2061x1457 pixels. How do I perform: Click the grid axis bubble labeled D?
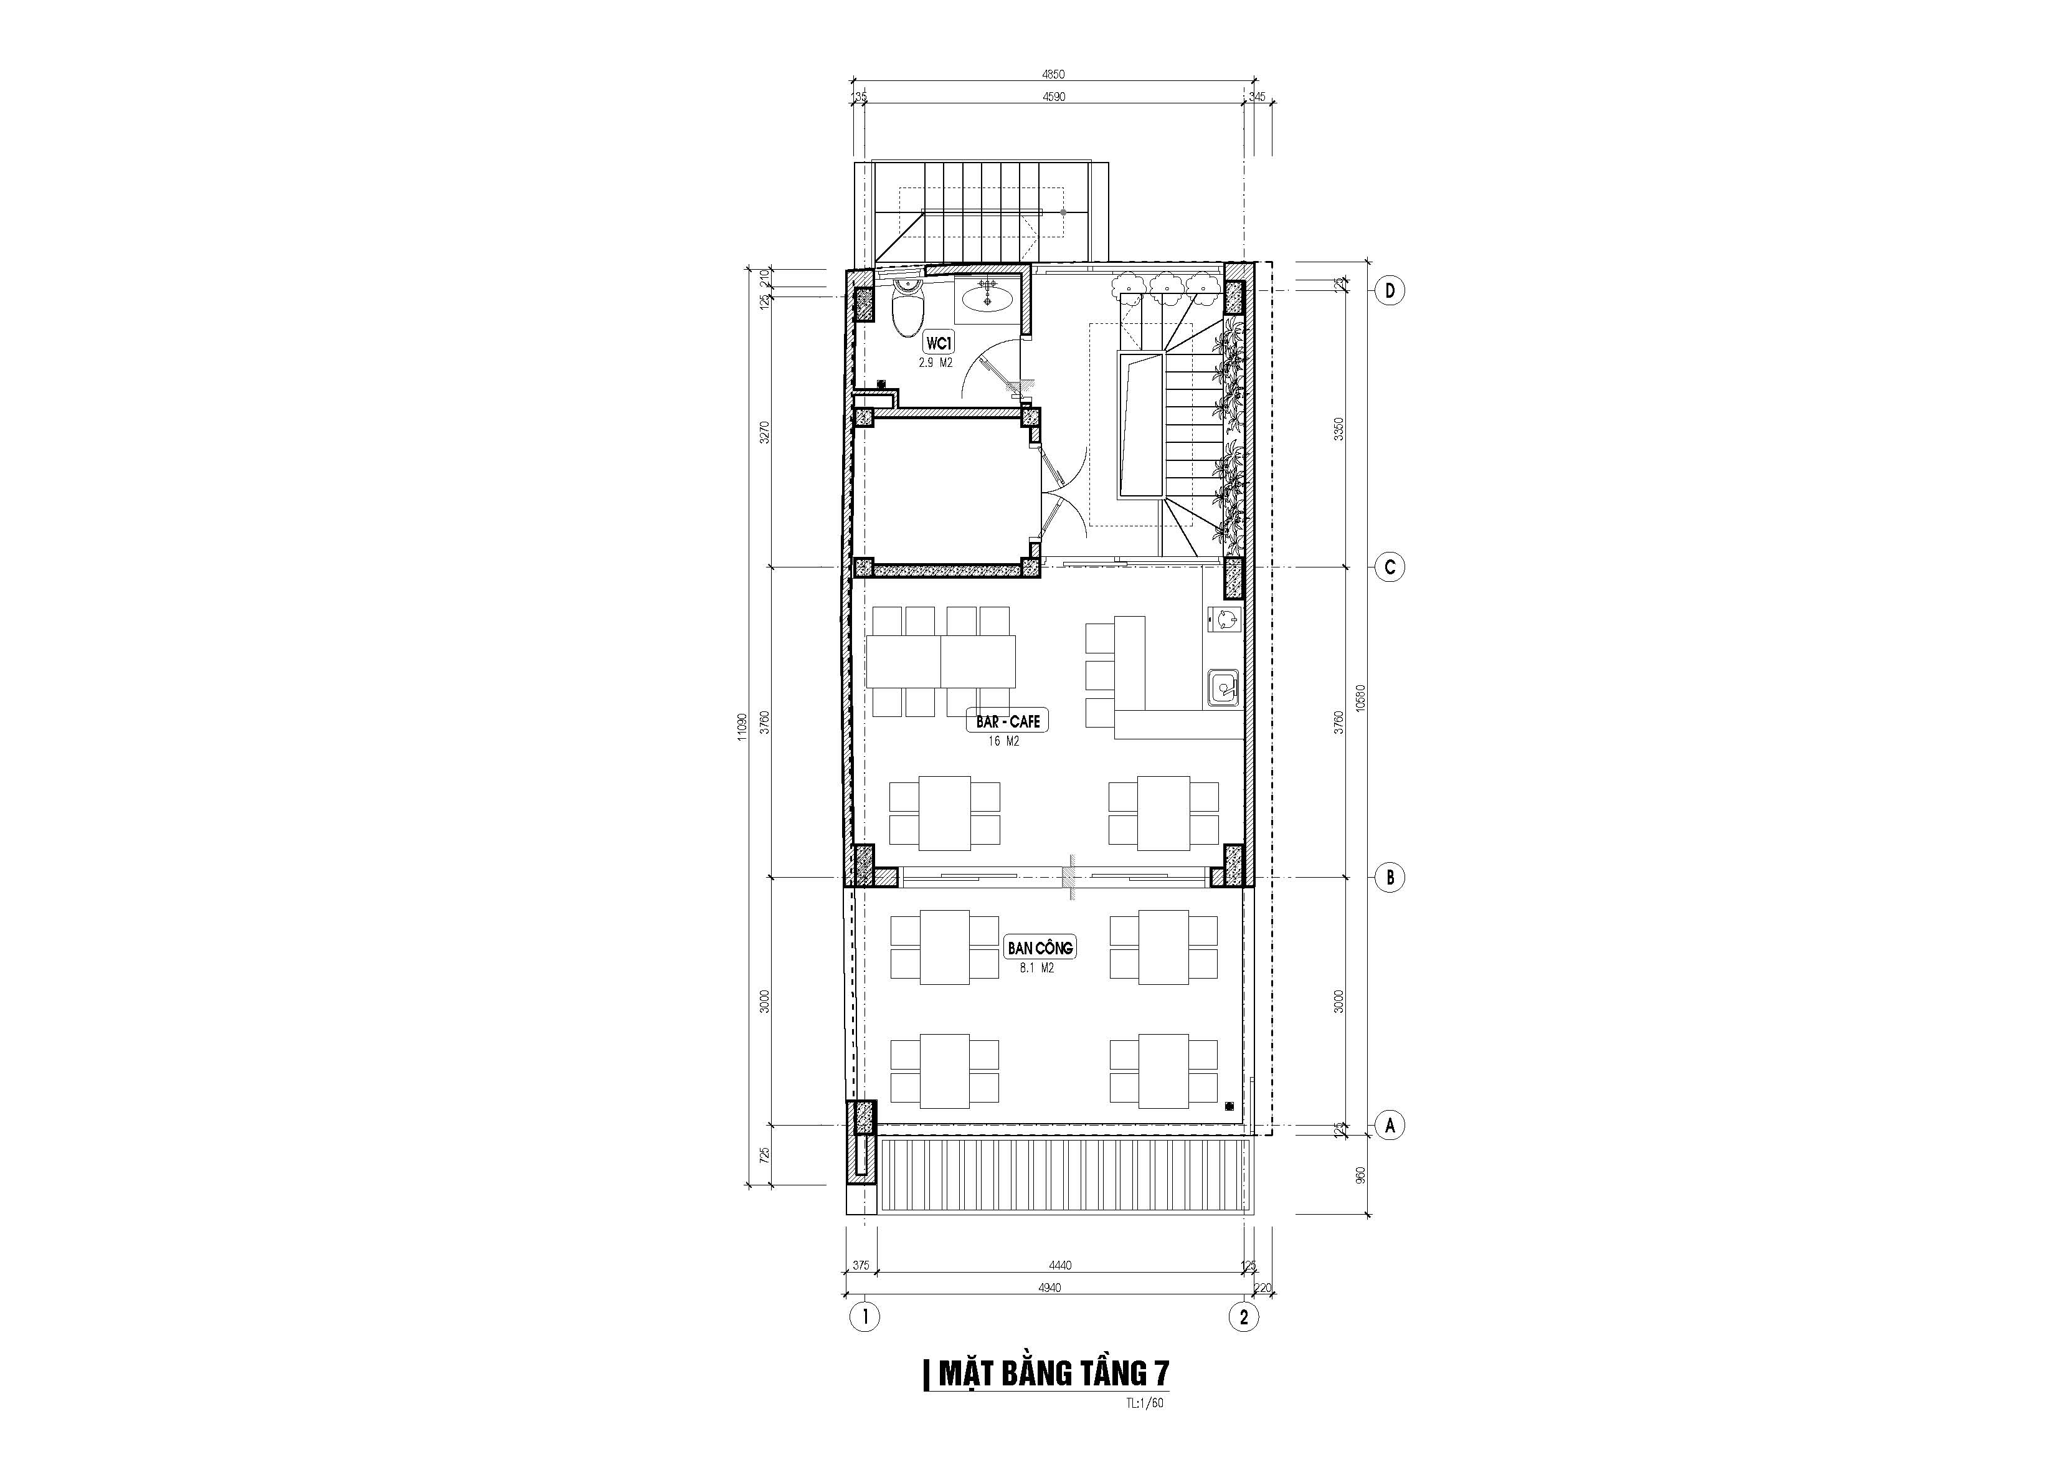pyautogui.click(x=1390, y=291)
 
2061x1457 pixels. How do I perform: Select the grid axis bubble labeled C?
pyautogui.click(x=1390, y=567)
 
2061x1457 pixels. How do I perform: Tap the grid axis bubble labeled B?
pyautogui.click(x=1390, y=877)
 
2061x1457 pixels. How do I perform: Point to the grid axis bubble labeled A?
pyautogui.click(x=1390, y=1125)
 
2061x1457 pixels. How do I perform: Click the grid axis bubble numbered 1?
pyautogui.click(x=865, y=1318)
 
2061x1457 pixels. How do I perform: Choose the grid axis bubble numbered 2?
pyautogui.click(x=1243, y=1318)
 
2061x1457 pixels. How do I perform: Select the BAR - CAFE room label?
pyautogui.click(x=1007, y=721)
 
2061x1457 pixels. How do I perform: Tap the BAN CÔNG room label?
pyautogui.click(x=1040, y=948)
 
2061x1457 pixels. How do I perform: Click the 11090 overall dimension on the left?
pyautogui.click(x=741, y=727)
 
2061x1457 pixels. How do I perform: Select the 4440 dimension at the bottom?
pyautogui.click(x=1060, y=1266)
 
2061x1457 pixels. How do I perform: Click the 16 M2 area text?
pyautogui.click(x=1005, y=741)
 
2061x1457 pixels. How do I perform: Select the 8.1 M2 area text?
pyautogui.click(x=1037, y=969)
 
